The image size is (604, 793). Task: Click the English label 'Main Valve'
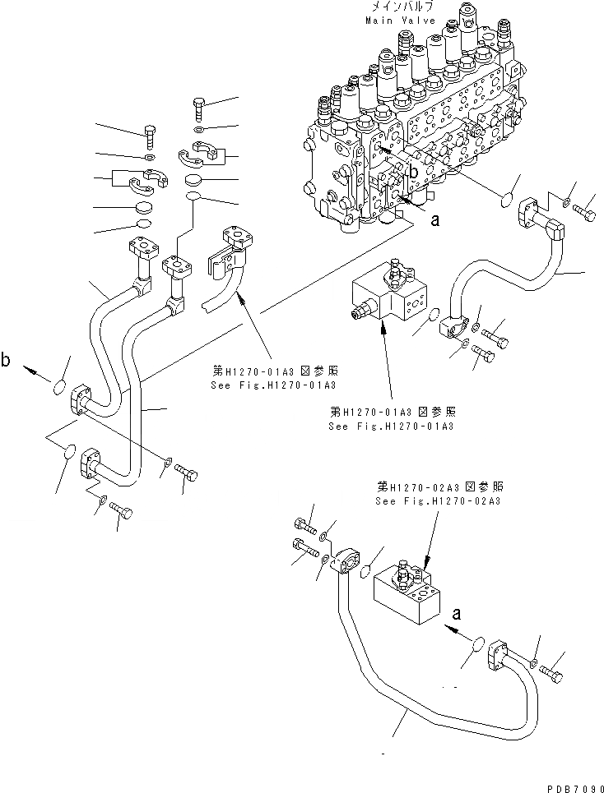(x=397, y=19)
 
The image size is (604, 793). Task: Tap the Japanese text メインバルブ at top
(x=397, y=7)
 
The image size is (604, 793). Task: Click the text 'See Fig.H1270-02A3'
(x=439, y=500)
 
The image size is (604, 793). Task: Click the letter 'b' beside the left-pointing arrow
(x=7, y=360)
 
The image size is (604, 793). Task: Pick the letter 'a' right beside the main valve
(x=435, y=220)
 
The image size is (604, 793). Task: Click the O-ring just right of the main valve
(x=507, y=200)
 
